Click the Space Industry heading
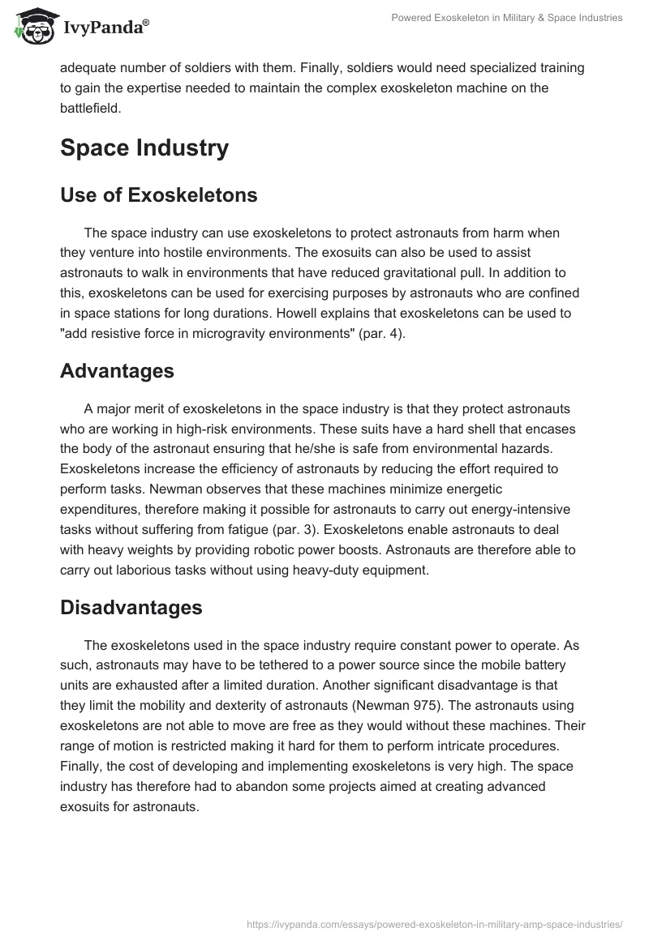click(144, 148)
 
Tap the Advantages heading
click(117, 371)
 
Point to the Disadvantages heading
click(131, 608)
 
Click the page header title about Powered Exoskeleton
click(505, 18)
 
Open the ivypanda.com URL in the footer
click(433, 923)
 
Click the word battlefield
click(90, 106)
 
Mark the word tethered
click(309, 665)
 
